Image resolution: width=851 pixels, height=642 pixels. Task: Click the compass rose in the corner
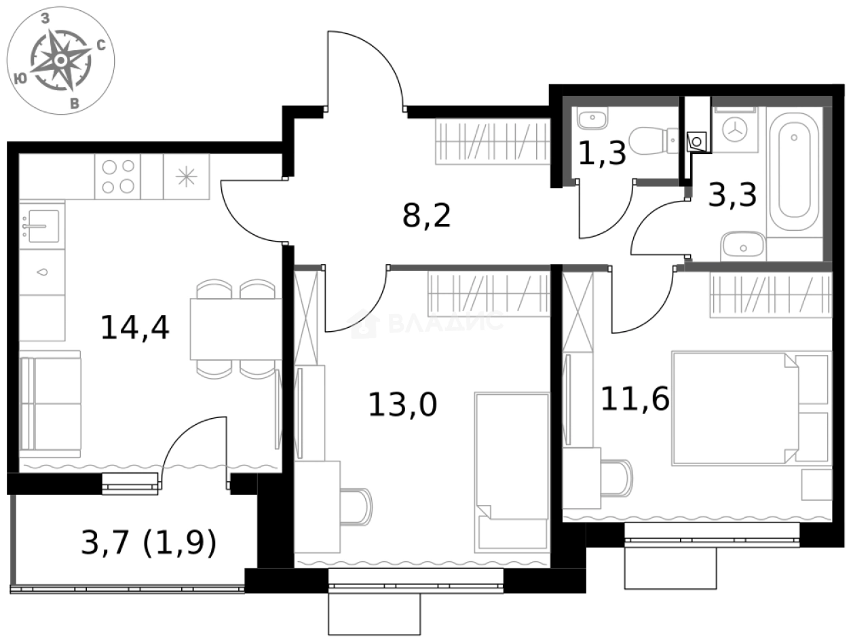(60, 61)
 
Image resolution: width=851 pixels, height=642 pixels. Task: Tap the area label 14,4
(134, 327)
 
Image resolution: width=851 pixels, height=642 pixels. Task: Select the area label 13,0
(402, 405)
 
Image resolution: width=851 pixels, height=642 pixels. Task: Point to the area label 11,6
(635, 399)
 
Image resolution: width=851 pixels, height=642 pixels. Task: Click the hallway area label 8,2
(427, 216)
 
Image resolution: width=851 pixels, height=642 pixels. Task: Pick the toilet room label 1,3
(601, 153)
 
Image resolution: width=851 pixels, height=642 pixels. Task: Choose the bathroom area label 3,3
(732, 196)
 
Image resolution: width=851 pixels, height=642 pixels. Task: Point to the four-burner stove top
(117, 176)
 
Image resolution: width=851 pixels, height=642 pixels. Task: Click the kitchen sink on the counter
(41, 225)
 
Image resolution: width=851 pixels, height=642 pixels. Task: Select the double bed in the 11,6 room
(750, 408)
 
